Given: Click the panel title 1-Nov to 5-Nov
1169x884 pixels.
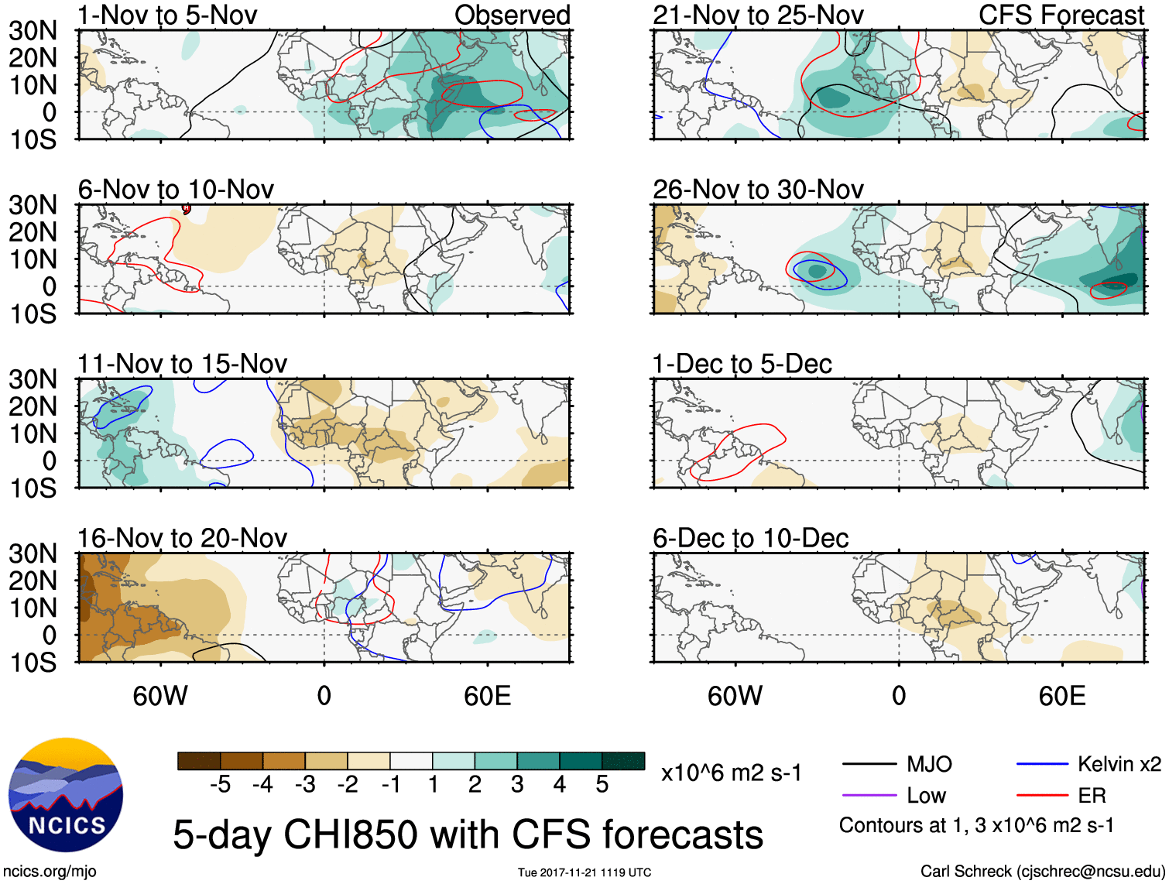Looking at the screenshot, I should [167, 15].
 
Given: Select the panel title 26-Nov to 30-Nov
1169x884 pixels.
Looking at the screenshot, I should [758, 190].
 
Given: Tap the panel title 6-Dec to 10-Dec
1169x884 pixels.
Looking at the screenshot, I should [750, 538].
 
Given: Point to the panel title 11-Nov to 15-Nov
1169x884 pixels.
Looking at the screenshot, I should [182, 364].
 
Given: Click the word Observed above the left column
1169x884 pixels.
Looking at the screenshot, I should [512, 15].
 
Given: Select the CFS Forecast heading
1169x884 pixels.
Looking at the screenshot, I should [1061, 15].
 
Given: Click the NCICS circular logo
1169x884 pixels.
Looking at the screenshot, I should [65, 795].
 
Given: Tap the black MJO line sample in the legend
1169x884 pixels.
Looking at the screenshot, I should [869, 765].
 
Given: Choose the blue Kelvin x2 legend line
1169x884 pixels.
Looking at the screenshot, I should [1042, 765].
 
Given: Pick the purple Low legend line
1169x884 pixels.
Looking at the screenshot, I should [869, 795].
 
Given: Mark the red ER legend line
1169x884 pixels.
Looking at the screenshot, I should [1042, 795].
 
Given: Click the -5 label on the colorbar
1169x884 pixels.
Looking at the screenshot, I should [220, 785].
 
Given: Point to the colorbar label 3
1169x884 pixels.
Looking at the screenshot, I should [517, 785].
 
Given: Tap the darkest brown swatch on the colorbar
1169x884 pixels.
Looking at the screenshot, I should [199, 761].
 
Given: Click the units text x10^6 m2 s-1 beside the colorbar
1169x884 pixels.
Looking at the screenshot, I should [731, 773].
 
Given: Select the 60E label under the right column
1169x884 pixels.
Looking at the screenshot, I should [1061, 696].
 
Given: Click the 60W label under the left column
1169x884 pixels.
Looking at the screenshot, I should [160, 696].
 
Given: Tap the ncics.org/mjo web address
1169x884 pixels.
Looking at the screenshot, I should [50, 872].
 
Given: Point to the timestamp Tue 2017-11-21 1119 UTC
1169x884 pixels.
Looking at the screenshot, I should [584, 872].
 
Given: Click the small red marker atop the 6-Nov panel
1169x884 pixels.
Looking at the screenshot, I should [186, 207].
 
